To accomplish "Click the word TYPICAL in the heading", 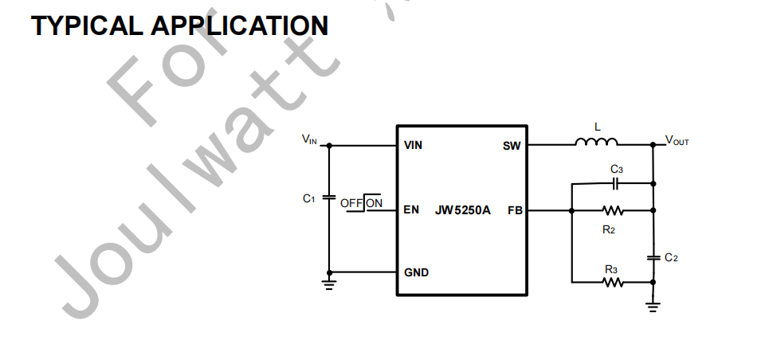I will click(x=88, y=25).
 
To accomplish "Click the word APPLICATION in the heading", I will click(x=239, y=25).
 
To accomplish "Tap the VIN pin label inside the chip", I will click(x=414, y=146).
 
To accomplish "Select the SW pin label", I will click(x=511, y=146).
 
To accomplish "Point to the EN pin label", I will click(x=411, y=210).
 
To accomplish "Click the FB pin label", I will click(x=515, y=210).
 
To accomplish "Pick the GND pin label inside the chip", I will click(x=416, y=272).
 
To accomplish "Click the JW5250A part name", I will click(x=463, y=210).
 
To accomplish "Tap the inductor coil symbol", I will click(x=596, y=144).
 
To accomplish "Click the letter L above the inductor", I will click(x=598, y=127).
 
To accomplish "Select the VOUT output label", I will click(x=677, y=141).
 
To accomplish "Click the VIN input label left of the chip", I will click(x=309, y=140).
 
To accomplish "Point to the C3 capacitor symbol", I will click(x=615, y=183).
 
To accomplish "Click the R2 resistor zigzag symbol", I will click(x=613, y=211).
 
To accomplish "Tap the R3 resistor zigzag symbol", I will click(x=613, y=281).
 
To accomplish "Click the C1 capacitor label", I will click(x=309, y=198).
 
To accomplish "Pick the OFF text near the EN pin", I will click(x=351, y=203).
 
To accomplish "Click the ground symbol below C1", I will click(x=330, y=283).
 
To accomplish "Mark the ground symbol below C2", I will click(x=653, y=306).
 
